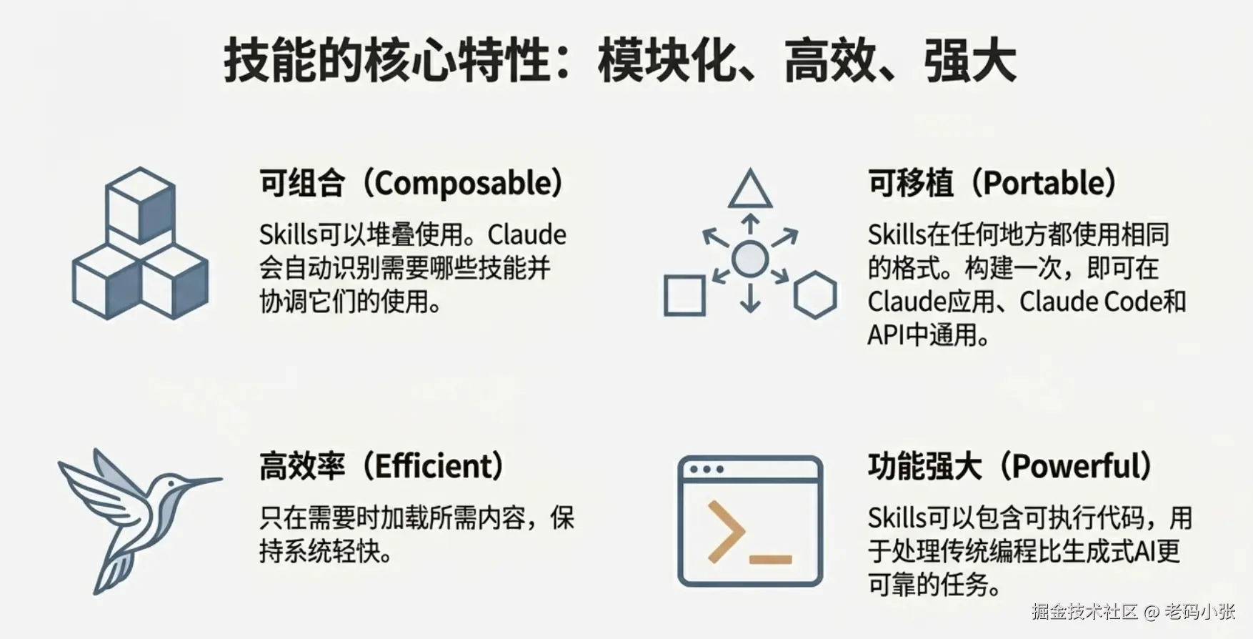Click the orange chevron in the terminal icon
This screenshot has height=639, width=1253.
tap(726, 530)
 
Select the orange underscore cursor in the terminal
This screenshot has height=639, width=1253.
tap(771, 560)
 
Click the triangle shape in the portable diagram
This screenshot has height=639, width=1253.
tap(749, 189)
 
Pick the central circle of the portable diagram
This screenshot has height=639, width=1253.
tap(750, 259)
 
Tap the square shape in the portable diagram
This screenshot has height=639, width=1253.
tap(684, 295)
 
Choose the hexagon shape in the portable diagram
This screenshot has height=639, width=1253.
tap(815, 294)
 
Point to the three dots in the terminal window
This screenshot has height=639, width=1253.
tap(706, 470)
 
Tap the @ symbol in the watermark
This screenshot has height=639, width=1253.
tap(1151, 612)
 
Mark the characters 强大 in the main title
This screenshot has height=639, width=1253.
tap(969, 61)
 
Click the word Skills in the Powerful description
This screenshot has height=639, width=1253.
tap(897, 518)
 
